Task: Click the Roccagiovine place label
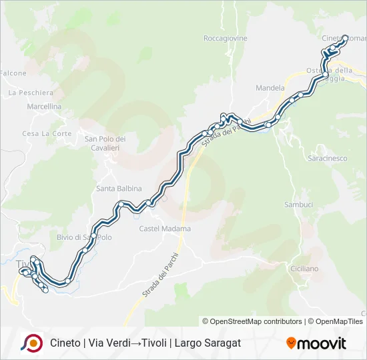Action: (225, 39)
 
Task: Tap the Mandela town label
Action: (270, 87)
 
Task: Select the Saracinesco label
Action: (327, 159)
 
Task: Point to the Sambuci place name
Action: (298, 205)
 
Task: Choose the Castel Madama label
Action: (165, 229)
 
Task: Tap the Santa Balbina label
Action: (119, 189)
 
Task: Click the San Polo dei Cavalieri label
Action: (105, 143)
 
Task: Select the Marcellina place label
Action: (44, 107)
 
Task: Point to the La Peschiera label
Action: (31, 93)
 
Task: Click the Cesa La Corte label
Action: (47, 133)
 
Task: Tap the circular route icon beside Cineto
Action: (31, 343)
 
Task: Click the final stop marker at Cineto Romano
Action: (346, 38)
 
